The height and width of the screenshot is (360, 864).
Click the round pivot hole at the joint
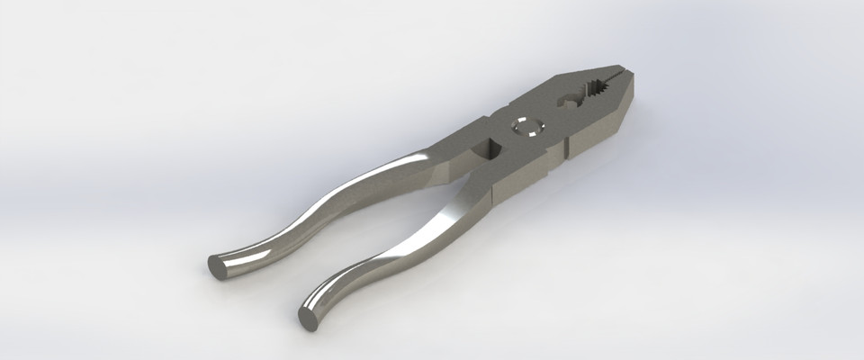click(x=525, y=126)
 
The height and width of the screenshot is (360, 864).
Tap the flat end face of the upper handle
click(x=218, y=266)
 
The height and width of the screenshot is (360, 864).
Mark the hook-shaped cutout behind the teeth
click(x=569, y=99)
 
